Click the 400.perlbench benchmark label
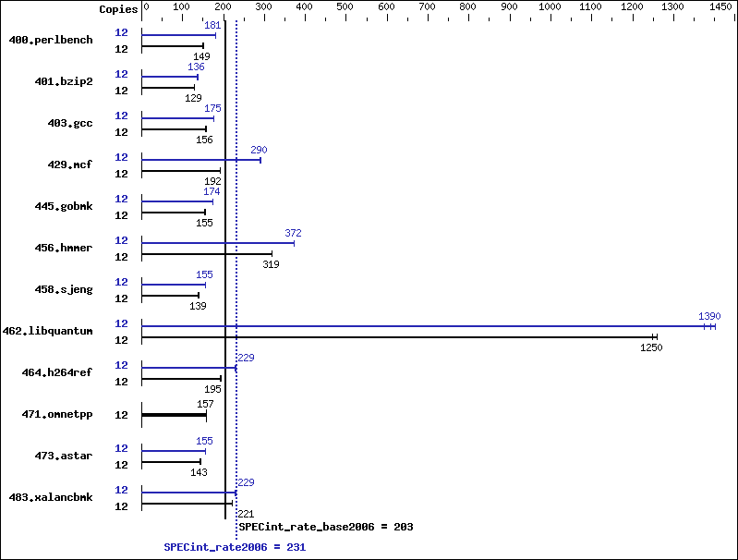(x=51, y=40)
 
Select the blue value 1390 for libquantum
(x=709, y=316)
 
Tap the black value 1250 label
(x=651, y=347)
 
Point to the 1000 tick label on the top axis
(x=550, y=6)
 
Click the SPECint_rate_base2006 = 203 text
(x=326, y=527)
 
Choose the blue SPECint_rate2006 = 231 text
(x=235, y=547)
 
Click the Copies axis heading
(x=118, y=9)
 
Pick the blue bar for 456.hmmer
(x=218, y=243)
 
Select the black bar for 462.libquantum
(x=399, y=336)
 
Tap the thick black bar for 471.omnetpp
(x=175, y=415)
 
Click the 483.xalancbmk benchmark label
(x=51, y=497)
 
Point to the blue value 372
(x=293, y=233)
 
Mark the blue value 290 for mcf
(x=259, y=150)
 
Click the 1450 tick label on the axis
(x=720, y=6)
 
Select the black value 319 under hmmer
(x=272, y=264)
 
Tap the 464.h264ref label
(x=57, y=372)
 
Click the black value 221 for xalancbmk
(x=246, y=514)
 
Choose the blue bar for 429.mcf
(x=201, y=160)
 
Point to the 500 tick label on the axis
(x=345, y=6)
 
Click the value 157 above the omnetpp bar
(x=205, y=404)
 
